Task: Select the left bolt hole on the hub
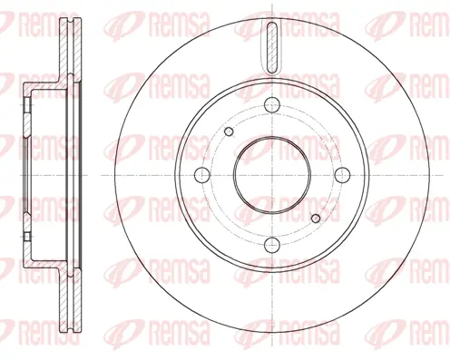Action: tap(205, 173)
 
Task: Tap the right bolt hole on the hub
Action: tap(341, 173)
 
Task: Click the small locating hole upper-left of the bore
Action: tap(230, 134)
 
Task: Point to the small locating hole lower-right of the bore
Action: tap(315, 216)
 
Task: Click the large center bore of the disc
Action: tap(272, 173)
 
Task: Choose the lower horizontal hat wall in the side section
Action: tap(45, 260)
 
